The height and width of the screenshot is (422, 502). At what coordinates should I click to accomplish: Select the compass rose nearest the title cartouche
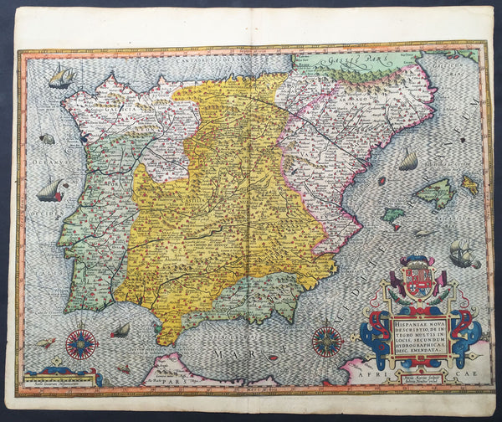325,342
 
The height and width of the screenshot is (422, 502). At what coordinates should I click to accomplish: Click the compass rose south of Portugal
81,342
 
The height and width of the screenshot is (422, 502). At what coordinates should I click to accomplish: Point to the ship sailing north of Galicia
61,77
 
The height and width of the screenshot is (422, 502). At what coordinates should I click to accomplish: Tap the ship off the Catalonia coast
407,159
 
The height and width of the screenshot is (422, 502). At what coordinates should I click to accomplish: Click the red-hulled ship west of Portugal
51,190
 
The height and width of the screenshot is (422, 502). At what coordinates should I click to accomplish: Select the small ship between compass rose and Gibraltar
121,330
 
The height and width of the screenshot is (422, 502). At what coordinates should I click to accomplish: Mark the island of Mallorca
434,194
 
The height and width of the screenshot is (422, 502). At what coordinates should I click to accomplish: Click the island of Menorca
470,184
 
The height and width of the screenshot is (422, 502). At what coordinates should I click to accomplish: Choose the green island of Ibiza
393,215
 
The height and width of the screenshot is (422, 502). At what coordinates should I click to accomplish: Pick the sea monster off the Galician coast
47,139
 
